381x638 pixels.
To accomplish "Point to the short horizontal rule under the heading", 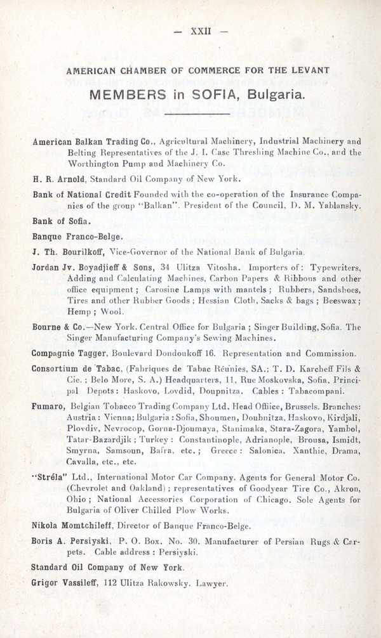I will (190, 115).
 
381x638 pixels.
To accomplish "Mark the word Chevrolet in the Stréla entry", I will (91, 488).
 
